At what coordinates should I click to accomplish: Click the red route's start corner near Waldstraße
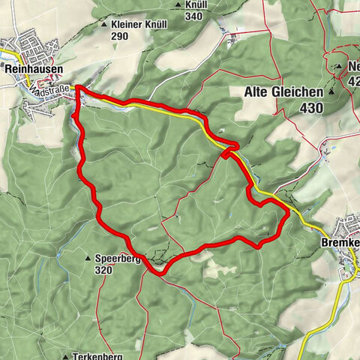77,90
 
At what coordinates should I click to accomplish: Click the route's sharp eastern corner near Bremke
289,214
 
